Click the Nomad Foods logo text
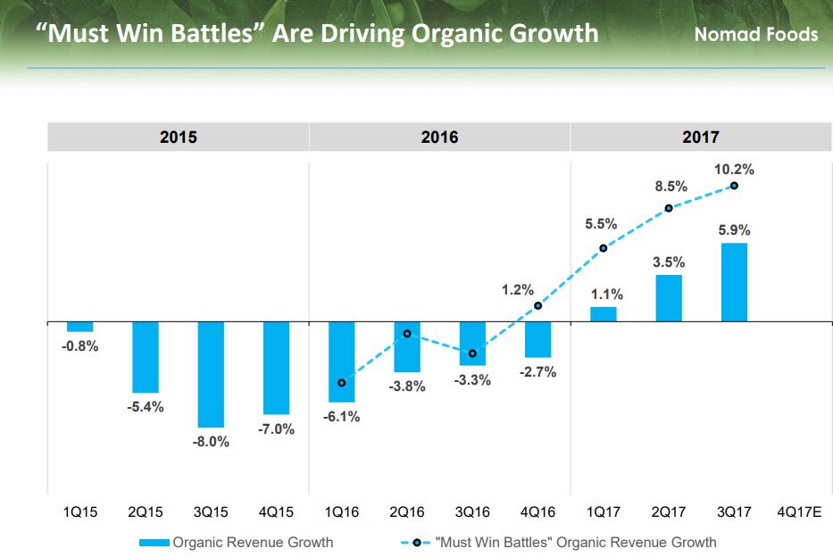755,35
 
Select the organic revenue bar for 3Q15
212,374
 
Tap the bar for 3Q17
734,282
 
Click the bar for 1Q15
80,327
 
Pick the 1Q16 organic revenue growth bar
342,361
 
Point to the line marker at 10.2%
734,186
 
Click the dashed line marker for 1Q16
342,383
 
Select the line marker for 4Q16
538,306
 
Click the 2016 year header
439,137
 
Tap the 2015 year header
178,137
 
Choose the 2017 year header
701,137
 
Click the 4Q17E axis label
799,512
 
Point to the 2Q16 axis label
407,512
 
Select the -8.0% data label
212,442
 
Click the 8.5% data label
671,187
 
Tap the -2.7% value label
537,371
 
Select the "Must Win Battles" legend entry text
575,542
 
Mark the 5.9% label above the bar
734,230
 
